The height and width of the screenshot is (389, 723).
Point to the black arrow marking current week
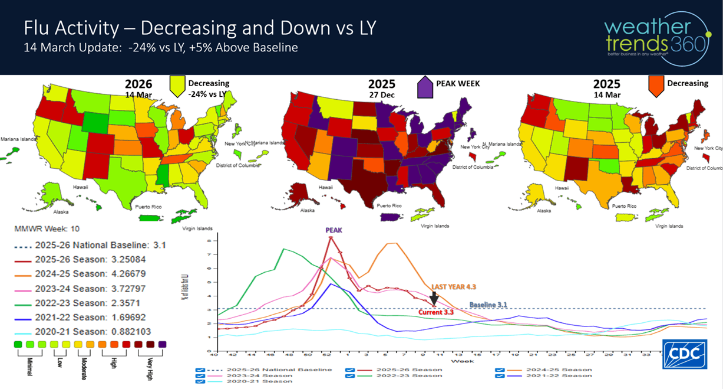[434, 298]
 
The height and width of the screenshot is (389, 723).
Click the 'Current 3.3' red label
[435, 312]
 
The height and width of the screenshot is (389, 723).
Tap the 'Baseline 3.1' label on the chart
[488, 305]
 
